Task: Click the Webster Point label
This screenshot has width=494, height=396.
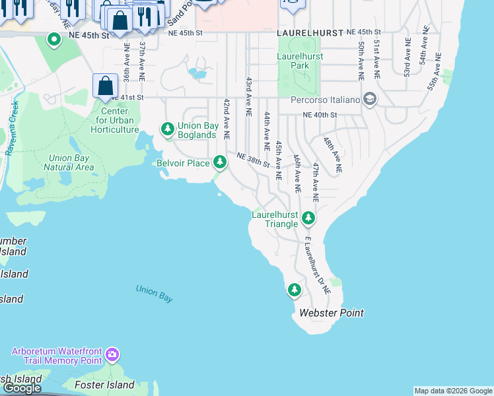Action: point(332,313)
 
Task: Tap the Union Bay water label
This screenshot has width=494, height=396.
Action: point(154,294)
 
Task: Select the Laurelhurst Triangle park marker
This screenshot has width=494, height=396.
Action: point(308,218)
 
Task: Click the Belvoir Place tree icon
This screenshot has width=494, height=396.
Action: point(219,162)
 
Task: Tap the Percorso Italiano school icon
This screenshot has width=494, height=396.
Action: point(369,100)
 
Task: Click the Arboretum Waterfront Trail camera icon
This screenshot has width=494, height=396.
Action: point(112,356)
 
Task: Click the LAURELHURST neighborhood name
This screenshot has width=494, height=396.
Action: point(310,32)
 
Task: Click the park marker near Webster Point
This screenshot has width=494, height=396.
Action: point(294,289)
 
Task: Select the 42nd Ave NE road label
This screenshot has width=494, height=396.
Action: point(226,118)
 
